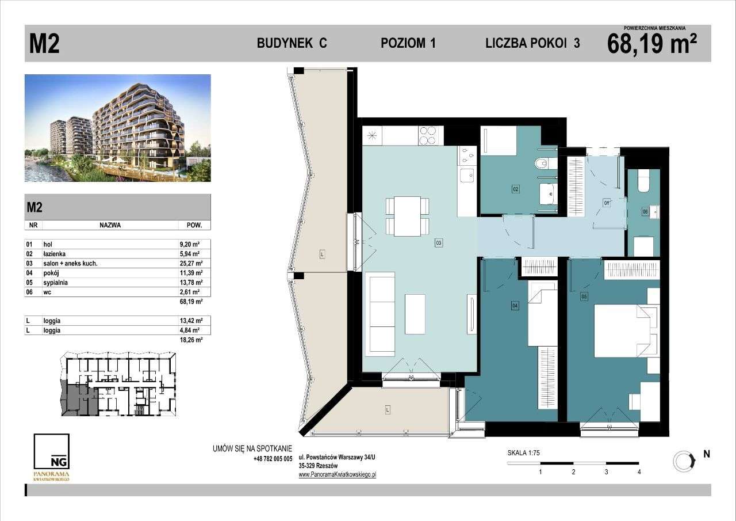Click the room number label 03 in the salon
[x=439, y=243]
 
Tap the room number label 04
[x=515, y=306]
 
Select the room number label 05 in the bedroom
[x=584, y=297]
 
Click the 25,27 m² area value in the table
[x=190, y=263]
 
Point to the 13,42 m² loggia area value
[x=190, y=321]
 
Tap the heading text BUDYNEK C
[x=292, y=43]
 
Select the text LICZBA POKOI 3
[x=532, y=43]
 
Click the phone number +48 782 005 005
[x=273, y=459]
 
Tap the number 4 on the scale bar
[x=639, y=471]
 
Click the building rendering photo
[x=117, y=128]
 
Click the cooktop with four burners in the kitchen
[x=428, y=135]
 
